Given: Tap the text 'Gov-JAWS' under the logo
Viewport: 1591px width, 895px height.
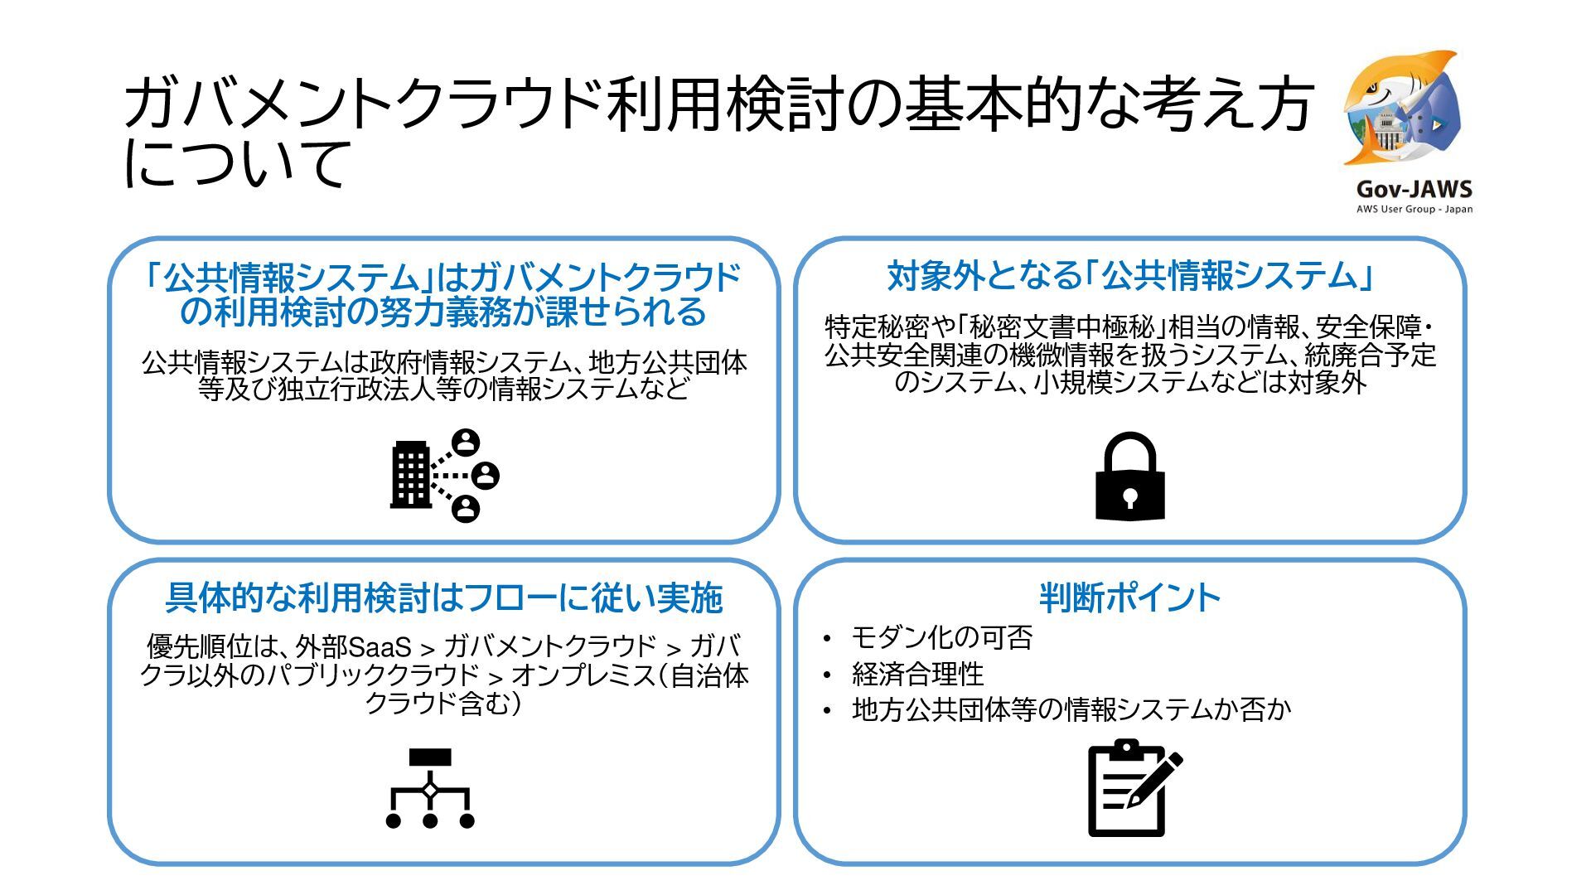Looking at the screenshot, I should pos(1414,189).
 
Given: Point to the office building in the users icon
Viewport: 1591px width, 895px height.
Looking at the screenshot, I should pos(411,475).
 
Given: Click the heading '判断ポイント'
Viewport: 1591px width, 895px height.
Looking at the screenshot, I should pos(1129,597).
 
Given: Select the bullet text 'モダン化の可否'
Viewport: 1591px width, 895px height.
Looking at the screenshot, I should pos(941,637).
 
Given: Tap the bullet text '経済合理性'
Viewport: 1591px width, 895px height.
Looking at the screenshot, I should pos(917,674).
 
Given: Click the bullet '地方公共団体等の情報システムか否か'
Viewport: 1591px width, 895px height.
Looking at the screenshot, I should pos(1071,709).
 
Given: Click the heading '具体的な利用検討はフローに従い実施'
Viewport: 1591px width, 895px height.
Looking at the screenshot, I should pos(444,597).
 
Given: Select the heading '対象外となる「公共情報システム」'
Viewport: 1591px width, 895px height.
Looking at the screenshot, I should pos(1129,276).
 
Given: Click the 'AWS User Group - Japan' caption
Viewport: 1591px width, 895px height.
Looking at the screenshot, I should pos(1414,209).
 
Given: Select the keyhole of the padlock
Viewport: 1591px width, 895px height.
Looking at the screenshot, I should pos(1130,497).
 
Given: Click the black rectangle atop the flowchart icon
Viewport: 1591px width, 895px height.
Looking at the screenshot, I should pos(430,757).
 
